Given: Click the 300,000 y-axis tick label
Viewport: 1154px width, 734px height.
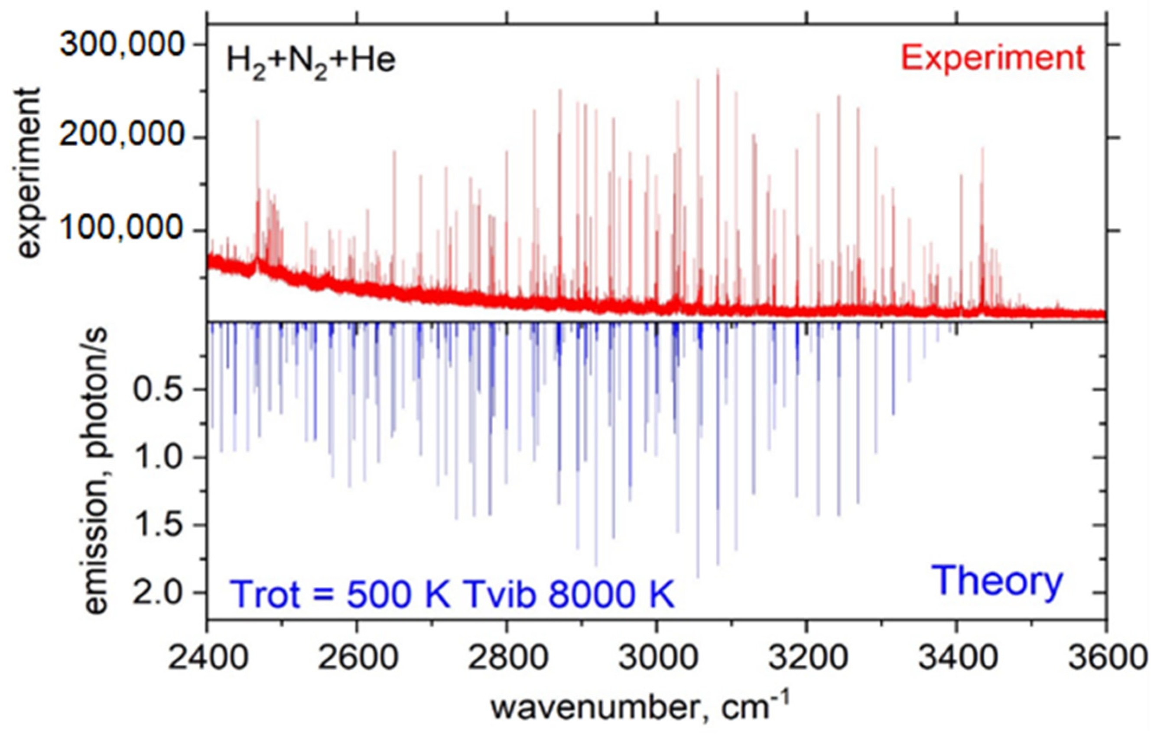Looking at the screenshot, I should tap(122, 45).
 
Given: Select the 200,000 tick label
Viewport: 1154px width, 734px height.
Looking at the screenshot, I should tap(122, 136).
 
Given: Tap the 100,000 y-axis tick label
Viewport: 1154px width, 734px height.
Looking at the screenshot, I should tap(122, 229).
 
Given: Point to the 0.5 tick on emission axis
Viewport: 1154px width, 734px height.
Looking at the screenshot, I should tap(158, 390).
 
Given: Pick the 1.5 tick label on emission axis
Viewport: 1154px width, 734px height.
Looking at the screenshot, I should tap(158, 525).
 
